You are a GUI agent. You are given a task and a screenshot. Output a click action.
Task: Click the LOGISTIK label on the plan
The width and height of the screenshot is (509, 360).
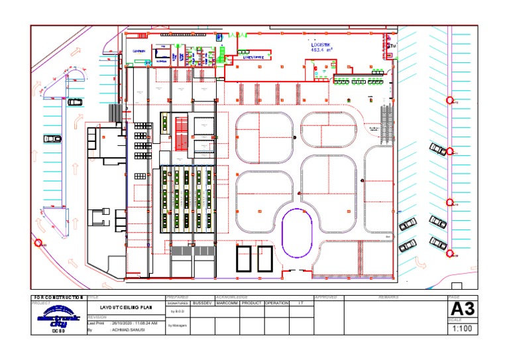[x=323, y=45]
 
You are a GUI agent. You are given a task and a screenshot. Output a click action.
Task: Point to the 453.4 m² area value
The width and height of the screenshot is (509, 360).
[x=323, y=50]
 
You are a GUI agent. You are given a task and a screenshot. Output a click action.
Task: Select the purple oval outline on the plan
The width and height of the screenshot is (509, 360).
[x=296, y=233]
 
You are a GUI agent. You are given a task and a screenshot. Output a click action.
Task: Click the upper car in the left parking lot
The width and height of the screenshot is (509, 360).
[x=75, y=102]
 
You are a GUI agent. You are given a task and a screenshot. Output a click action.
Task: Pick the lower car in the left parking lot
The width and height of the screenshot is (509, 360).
[x=52, y=139]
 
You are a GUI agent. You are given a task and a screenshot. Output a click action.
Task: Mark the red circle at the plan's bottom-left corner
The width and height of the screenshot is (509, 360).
[x=39, y=243]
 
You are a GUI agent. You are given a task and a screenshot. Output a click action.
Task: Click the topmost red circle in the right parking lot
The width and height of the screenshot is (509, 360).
[x=450, y=101]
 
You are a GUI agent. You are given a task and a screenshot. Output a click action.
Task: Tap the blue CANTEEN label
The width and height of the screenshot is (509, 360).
[x=139, y=50]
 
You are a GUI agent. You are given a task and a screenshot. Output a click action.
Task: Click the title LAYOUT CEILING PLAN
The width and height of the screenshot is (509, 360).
[x=126, y=308]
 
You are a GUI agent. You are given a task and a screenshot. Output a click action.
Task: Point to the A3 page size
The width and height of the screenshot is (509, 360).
[x=462, y=310]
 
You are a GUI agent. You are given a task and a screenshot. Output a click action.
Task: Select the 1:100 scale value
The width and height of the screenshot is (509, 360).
[x=462, y=328]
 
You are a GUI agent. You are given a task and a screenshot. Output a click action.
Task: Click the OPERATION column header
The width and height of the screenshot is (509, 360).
[x=276, y=303]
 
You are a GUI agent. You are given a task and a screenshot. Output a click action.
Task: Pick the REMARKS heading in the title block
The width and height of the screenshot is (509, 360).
[x=388, y=298]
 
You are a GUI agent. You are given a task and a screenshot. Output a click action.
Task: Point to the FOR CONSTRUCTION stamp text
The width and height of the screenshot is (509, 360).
[x=58, y=298]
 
